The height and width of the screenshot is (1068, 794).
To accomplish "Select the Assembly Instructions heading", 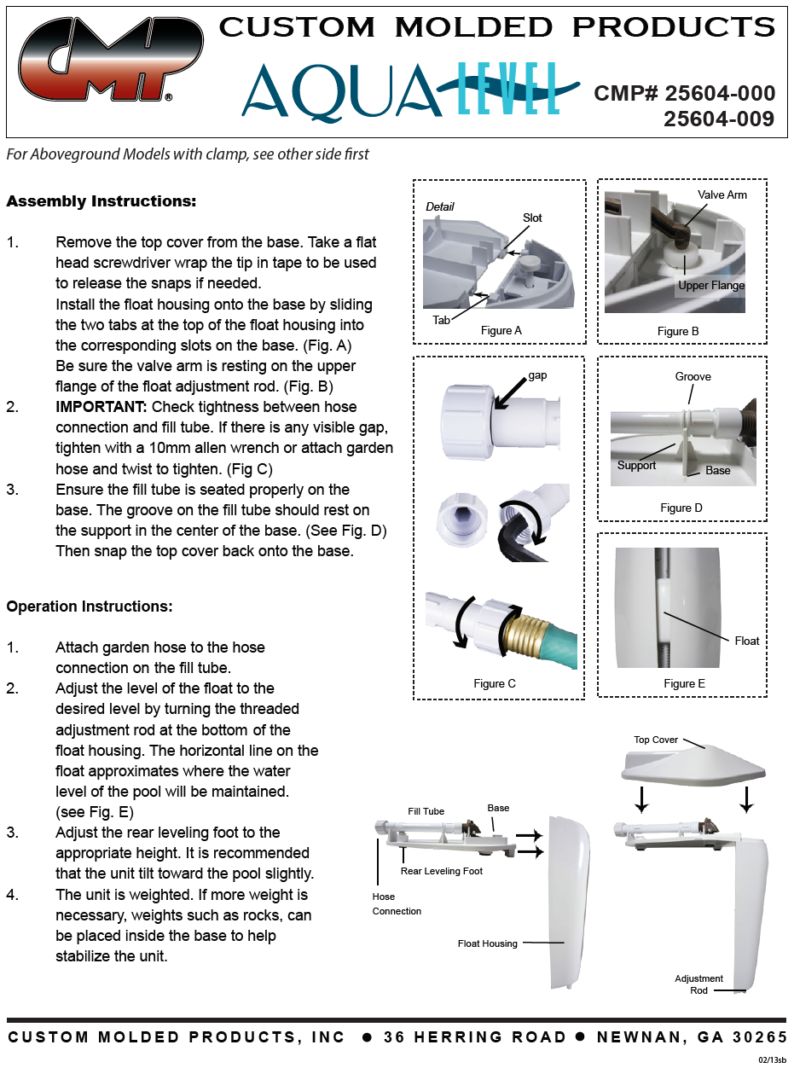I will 101,202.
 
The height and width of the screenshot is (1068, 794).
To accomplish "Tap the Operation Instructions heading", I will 90,607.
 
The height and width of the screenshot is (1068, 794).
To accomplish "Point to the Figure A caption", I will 501,330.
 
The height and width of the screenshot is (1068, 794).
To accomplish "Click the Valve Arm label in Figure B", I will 722,195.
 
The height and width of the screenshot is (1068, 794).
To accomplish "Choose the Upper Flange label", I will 711,286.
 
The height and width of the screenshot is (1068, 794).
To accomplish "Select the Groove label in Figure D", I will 693,376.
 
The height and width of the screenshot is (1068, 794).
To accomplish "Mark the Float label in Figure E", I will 746,641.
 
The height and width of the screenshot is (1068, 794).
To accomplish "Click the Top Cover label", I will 656,740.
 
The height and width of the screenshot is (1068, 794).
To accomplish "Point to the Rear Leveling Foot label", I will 442,871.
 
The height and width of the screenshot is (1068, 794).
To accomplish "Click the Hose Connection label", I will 397,904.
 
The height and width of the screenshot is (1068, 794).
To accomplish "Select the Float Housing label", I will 487,943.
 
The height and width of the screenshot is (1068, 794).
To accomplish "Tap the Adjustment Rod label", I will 698,984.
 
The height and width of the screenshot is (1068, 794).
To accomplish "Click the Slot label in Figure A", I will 532,218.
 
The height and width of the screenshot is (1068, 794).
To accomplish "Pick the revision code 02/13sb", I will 773,1059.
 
